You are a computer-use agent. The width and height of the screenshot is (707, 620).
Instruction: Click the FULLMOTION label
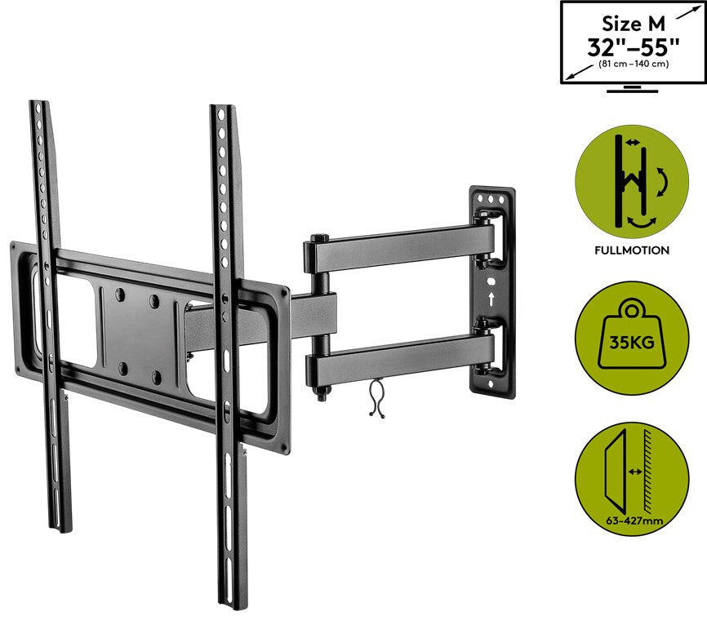pyautogui.click(x=633, y=250)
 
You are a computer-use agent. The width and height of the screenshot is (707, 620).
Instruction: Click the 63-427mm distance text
pyautogui.click(x=632, y=517)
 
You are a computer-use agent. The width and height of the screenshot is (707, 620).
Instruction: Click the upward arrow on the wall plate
pyautogui.click(x=491, y=299)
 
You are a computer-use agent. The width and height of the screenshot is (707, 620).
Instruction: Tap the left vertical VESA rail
pyautogui.click(x=49, y=310)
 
